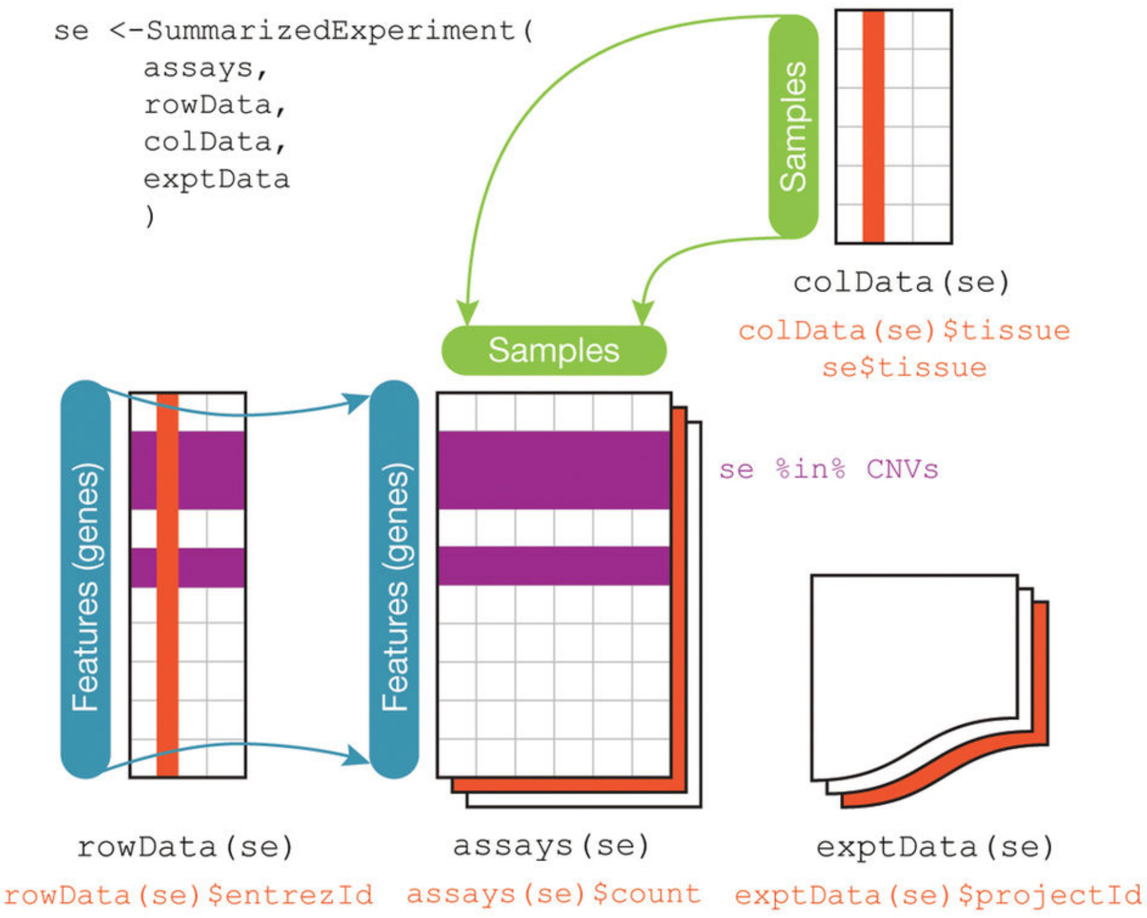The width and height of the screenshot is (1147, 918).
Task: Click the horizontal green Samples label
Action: pos(554,350)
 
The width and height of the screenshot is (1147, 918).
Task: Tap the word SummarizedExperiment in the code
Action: pos(331,31)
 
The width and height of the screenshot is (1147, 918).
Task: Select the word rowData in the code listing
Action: pos(207,105)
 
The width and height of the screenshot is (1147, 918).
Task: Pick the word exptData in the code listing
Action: pos(216,179)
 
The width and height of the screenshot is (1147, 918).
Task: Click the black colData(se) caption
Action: pos(902,282)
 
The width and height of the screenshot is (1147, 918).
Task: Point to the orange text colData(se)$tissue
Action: pos(904,330)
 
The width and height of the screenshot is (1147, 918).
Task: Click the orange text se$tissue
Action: pos(904,367)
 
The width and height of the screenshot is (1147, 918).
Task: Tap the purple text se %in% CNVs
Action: pos(828,469)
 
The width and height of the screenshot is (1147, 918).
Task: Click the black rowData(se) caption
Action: pos(185,847)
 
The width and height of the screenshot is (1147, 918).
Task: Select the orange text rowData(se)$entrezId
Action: pos(188,895)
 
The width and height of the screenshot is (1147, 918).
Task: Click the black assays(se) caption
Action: pos(551,846)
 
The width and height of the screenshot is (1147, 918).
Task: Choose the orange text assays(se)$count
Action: pos(553,894)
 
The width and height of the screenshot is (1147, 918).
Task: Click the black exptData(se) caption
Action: pos(935,847)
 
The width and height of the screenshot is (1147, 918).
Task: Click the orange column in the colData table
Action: pos(873,127)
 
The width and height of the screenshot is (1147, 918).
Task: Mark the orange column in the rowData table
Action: pos(168,585)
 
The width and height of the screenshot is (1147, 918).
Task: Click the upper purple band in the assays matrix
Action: pos(554,470)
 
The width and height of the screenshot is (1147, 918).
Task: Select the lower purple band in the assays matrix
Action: pos(554,566)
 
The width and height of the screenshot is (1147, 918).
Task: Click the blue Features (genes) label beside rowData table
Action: pos(85,579)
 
